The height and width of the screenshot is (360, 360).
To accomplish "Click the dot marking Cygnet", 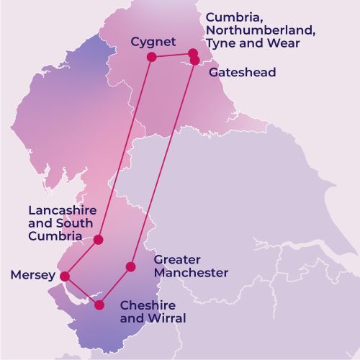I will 151,57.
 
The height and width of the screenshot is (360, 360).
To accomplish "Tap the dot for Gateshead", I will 194,61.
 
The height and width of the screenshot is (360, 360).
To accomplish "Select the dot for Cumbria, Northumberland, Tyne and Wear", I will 193,53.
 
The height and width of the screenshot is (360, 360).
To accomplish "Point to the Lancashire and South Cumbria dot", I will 99,239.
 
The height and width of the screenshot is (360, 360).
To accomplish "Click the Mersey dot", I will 64,276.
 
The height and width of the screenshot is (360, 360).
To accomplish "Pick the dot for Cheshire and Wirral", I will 99,305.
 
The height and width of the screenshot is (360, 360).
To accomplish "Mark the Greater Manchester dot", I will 130,266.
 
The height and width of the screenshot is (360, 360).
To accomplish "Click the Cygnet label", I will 153,42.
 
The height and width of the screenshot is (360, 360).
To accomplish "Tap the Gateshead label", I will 242,73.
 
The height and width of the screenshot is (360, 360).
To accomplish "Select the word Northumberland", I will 251,30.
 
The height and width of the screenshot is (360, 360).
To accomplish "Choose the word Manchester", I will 191,273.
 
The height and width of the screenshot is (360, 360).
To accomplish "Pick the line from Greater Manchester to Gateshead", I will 163,162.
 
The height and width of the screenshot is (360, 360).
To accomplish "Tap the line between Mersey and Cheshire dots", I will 81,290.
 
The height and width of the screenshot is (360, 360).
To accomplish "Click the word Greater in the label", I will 176,259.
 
